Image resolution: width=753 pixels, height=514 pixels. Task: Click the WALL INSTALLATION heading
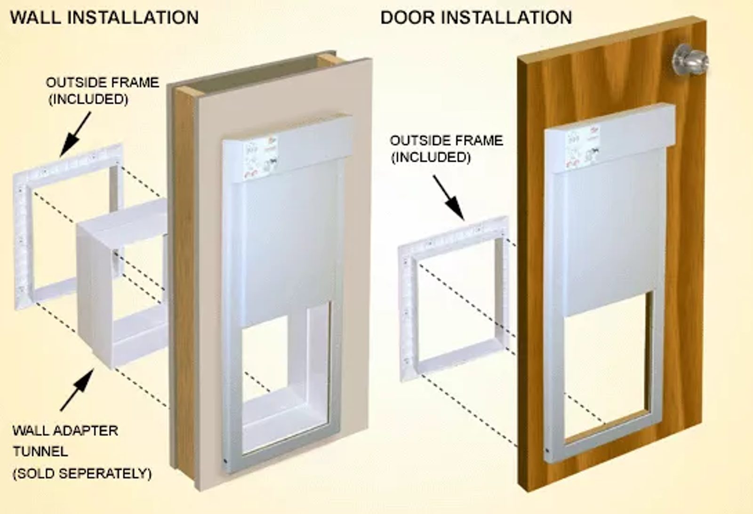pos(104,17)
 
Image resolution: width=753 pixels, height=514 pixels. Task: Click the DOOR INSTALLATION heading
pos(476,17)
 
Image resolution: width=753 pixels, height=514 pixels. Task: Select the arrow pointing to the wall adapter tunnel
pos(77,390)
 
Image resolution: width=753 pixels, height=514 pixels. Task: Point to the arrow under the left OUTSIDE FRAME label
pos(75,134)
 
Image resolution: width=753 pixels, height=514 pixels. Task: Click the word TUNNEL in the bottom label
pos(40,451)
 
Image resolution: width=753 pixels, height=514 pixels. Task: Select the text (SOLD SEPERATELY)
pos(82,474)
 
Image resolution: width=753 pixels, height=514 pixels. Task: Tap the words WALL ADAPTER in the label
pos(65,431)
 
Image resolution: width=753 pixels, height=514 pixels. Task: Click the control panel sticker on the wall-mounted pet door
pos(261,158)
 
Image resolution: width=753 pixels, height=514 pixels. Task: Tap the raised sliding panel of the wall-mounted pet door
pos(289,245)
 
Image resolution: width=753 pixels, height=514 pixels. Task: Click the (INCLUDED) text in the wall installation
pos(88,99)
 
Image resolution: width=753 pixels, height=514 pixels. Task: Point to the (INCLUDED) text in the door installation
pos(431,157)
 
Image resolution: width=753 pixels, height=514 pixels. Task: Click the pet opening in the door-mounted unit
pos(609,366)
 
